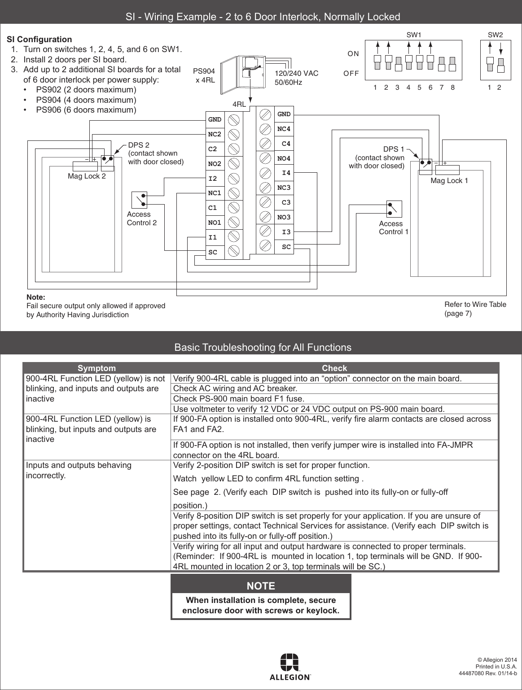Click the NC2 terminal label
[x=215, y=134]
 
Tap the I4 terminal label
[x=285, y=173]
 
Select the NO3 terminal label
[x=284, y=218]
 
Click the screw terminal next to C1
[x=233, y=208]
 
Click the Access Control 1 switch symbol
[x=394, y=209]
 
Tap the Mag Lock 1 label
[x=449, y=181]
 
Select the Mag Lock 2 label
[x=87, y=176]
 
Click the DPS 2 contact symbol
[x=107, y=159]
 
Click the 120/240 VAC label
[x=296, y=74]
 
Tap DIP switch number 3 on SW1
[x=398, y=63]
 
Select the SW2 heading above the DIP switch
[x=495, y=35]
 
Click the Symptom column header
[x=97, y=368]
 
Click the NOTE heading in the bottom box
[x=261, y=586]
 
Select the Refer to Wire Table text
[x=475, y=305]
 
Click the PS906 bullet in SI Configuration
[x=86, y=110]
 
